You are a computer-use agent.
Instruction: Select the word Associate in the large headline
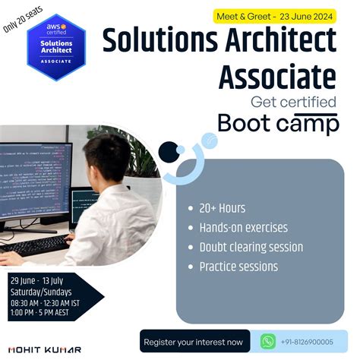click(278, 76)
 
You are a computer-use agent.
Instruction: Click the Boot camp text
click(278, 123)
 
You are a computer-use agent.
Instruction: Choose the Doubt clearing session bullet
click(251, 248)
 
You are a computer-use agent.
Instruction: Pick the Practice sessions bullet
click(238, 267)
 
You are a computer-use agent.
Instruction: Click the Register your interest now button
click(194, 342)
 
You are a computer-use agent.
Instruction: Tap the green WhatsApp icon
click(267, 341)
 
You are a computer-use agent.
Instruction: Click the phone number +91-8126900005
click(307, 342)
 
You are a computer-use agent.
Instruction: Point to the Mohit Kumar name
click(35, 350)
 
